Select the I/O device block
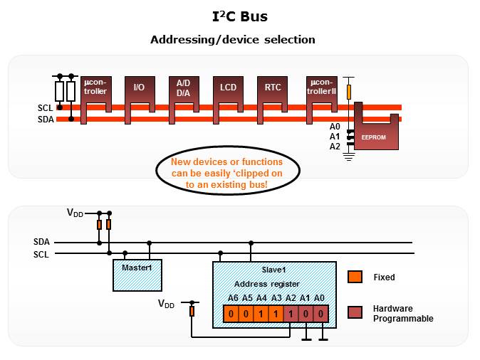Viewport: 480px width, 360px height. coord(139,89)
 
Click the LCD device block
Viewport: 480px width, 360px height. coord(228,88)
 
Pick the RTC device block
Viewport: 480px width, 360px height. coord(273,88)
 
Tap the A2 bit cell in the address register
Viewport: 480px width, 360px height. coord(291,313)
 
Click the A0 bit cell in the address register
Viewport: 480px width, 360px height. coord(320,313)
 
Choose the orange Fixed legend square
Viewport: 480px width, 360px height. coord(355,277)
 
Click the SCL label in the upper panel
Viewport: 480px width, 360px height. coord(46,108)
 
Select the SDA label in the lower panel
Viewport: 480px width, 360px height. coord(42,242)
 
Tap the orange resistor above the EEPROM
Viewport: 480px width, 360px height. coord(348,91)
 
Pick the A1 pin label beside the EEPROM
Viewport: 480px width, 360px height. coord(335,137)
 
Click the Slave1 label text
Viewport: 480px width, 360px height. coord(274,270)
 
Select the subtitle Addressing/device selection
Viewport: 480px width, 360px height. coord(233,40)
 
